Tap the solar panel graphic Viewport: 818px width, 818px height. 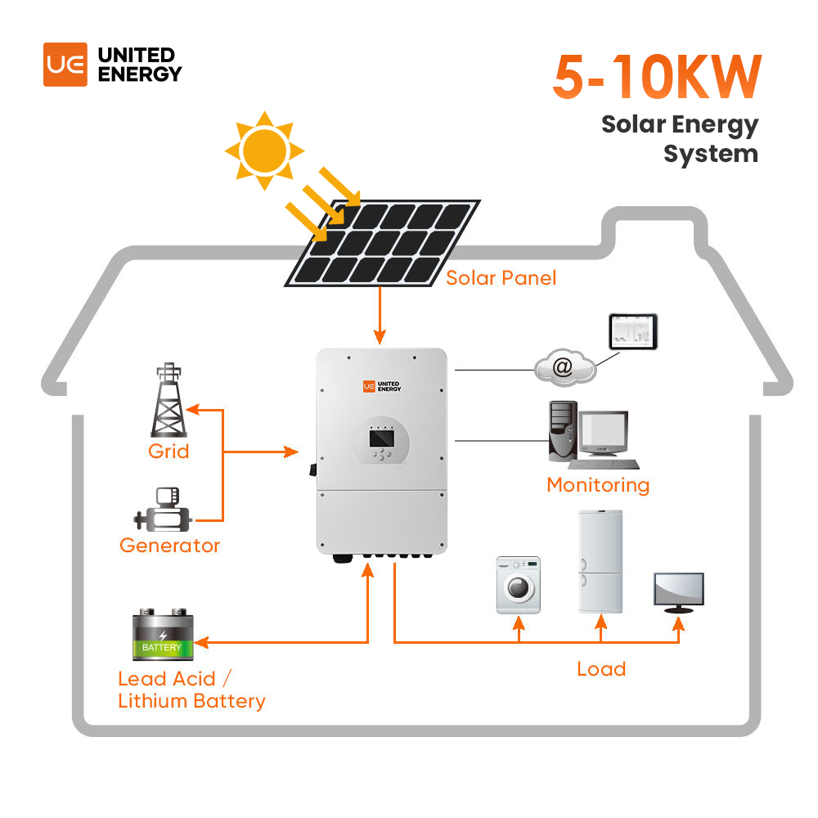pyautogui.click(x=382, y=243)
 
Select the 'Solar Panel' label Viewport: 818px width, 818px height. pyautogui.click(x=501, y=278)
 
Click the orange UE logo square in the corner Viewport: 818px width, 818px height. pyautogui.click(x=65, y=65)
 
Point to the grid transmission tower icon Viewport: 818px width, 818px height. pyautogui.click(x=169, y=401)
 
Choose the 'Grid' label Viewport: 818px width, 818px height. pyautogui.click(x=169, y=451)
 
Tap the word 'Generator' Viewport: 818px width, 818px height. pyautogui.click(x=169, y=545)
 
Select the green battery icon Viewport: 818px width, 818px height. pyautogui.click(x=162, y=636)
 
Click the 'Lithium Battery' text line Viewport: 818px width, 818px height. pyautogui.click(x=191, y=701)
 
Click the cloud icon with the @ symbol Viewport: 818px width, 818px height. pyautogui.click(x=564, y=368)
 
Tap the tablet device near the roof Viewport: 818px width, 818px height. pyautogui.click(x=632, y=330)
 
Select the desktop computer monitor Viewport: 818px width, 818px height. pyautogui.click(x=604, y=433)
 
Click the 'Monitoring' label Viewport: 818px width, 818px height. pyautogui.click(x=598, y=485)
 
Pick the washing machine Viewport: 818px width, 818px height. pyautogui.click(x=518, y=586)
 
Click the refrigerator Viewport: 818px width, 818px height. pyautogui.click(x=600, y=561)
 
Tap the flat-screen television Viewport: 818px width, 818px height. pyautogui.click(x=678, y=591)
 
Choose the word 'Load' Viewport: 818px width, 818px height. pyautogui.click(x=601, y=669)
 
